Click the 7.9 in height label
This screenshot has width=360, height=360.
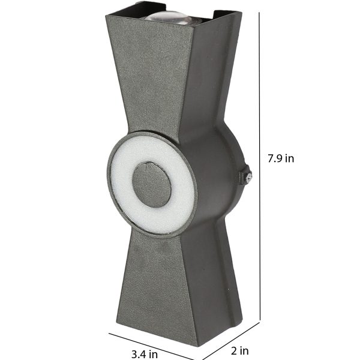(x=281, y=158)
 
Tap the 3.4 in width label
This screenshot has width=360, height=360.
(x=145, y=354)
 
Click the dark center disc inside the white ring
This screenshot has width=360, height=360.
(x=152, y=185)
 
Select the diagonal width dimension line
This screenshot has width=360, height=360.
(x=151, y=346)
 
